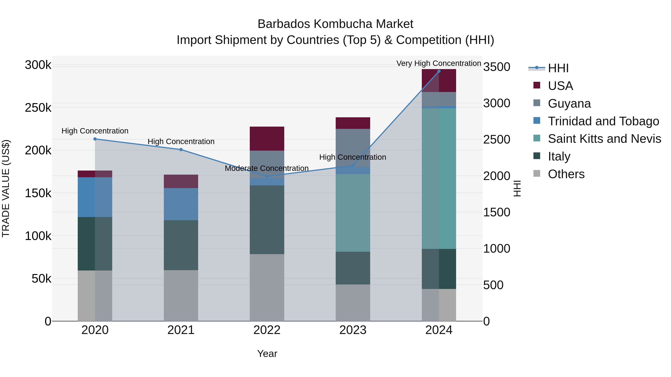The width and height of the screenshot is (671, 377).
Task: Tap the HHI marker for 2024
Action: [x=439, y=71]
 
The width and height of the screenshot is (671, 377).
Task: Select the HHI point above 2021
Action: [x=181, y=150]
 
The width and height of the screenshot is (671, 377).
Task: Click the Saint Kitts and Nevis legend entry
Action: [x=604, y=139]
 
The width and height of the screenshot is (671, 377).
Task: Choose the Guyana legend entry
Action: [x=569, y=104]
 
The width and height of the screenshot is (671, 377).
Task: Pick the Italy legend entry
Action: [x=559, y=156]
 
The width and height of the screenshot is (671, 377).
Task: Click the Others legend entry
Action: [x=566, y=174]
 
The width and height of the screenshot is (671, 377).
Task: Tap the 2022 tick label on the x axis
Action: [x=267, y=330]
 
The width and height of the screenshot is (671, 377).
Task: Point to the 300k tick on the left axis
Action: [x=38, y=65]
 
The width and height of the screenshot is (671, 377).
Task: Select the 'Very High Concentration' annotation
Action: [x=439, y=63]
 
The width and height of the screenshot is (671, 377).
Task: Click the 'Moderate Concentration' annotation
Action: [x=267, y=168]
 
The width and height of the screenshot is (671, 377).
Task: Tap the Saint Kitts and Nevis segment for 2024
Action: [x=439, y=178]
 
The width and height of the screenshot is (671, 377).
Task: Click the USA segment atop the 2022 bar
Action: [x=267, y=138]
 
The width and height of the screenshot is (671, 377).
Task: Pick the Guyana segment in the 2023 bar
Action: [x=353, y=147]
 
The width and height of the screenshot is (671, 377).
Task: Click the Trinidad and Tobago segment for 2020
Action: [x=95, y=197]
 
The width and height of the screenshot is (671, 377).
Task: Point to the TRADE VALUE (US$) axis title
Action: [x=6, y=188]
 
